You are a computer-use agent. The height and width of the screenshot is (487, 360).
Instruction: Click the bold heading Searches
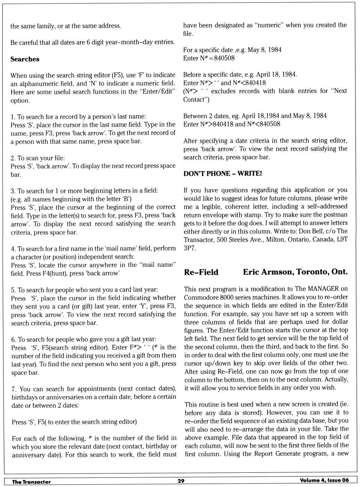[x=25, y=59]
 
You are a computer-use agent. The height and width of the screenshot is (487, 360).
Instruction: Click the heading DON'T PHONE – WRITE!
[x=222, y=173]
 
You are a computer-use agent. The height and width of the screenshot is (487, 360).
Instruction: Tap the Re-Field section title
[x=201, y=272]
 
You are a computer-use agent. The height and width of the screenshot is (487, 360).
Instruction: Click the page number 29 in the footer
[x=181, y=481]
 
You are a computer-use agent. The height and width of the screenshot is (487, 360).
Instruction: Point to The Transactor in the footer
[x=31, y=482]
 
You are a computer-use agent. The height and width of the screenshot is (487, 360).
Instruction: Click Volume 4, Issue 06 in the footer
[x=324, y=480]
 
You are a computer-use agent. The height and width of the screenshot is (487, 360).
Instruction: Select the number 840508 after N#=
[x=225, y=58]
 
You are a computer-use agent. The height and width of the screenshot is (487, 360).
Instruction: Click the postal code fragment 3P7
[x=190, y=248]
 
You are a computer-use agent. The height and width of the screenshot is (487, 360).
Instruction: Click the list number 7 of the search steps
[x=14, y=389]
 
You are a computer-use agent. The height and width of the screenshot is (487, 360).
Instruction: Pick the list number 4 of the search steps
[x=13, y=249]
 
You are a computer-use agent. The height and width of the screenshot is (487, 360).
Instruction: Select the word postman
[x=335, y=215]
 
